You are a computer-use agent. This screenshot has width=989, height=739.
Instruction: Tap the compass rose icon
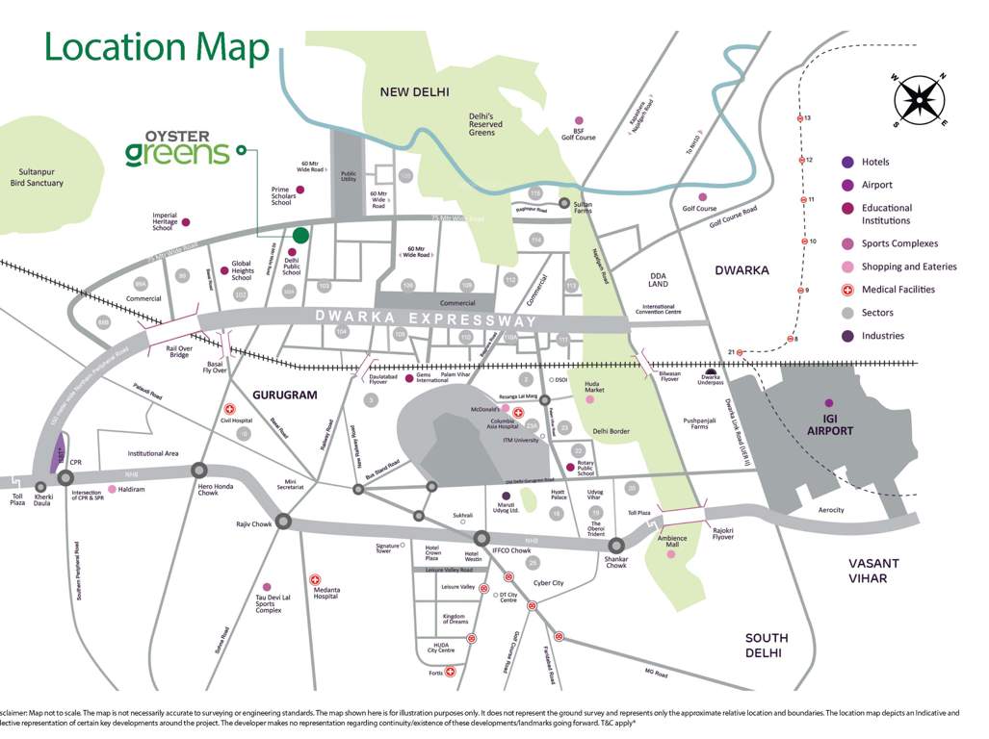tap(922, 101)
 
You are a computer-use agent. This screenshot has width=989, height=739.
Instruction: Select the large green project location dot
tap(300, 235)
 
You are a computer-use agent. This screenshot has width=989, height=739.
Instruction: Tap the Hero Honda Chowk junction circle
tap(199, 471)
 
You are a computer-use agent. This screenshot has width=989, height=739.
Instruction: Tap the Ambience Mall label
tap(672, 542)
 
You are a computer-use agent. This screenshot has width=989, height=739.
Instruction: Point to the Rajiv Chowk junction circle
tap(283, 522)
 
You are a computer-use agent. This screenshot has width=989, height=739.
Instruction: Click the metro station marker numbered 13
tap(799, 118)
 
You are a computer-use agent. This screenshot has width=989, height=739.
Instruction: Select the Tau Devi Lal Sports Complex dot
tap(267, 587)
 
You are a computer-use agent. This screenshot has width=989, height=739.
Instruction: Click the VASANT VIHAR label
tap(872, 571)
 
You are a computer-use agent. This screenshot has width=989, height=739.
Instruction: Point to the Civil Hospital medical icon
tap(229, 409)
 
